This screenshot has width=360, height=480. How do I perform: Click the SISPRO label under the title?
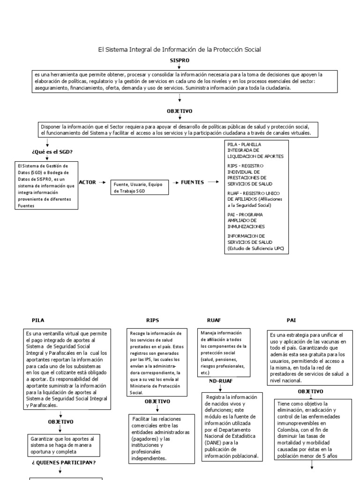180,61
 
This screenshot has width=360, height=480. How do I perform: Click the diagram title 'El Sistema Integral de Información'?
180,49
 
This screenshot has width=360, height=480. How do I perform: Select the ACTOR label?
87,182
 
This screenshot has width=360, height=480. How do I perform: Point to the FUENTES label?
192,182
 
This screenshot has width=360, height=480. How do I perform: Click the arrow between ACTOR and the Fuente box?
102,182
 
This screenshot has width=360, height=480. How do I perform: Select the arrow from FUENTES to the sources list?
213,182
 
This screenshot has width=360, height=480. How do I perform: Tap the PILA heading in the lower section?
38,320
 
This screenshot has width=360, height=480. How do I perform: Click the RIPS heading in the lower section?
153,320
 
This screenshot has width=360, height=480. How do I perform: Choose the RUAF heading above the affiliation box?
214,320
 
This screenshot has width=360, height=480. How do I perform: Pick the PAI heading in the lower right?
292,320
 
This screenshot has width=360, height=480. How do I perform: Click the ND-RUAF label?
220,381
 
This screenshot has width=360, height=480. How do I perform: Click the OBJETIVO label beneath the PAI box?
310,390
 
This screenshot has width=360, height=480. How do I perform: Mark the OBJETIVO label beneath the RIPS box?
157,401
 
